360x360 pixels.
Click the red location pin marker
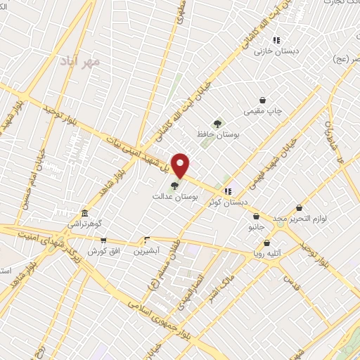tap(181, 165)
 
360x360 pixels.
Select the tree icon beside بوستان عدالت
tap(174, 186)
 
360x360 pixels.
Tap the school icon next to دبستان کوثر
tap(228, 191)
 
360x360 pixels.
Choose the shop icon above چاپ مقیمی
tap(262, 100)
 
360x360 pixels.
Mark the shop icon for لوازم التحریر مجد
tap(300, 207)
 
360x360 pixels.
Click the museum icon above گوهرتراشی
tap(84, 212)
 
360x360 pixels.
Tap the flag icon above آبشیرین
tap(147, 239)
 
